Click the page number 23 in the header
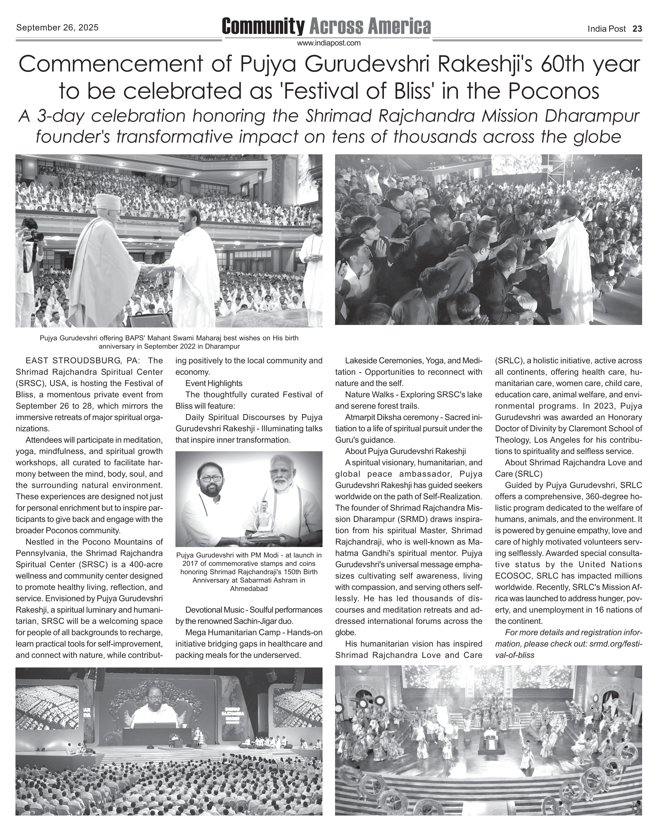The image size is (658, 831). pyautogui.click(x=637, y=28)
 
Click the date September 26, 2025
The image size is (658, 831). pyautogui.click(x=58, y=28)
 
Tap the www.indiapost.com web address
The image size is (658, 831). pyautogui.click(x=329, y=43)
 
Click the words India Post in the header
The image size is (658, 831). pyautogui.click(x=607, y=28)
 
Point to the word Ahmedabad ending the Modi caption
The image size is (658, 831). pyautogui.click(x=249, y=588)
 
